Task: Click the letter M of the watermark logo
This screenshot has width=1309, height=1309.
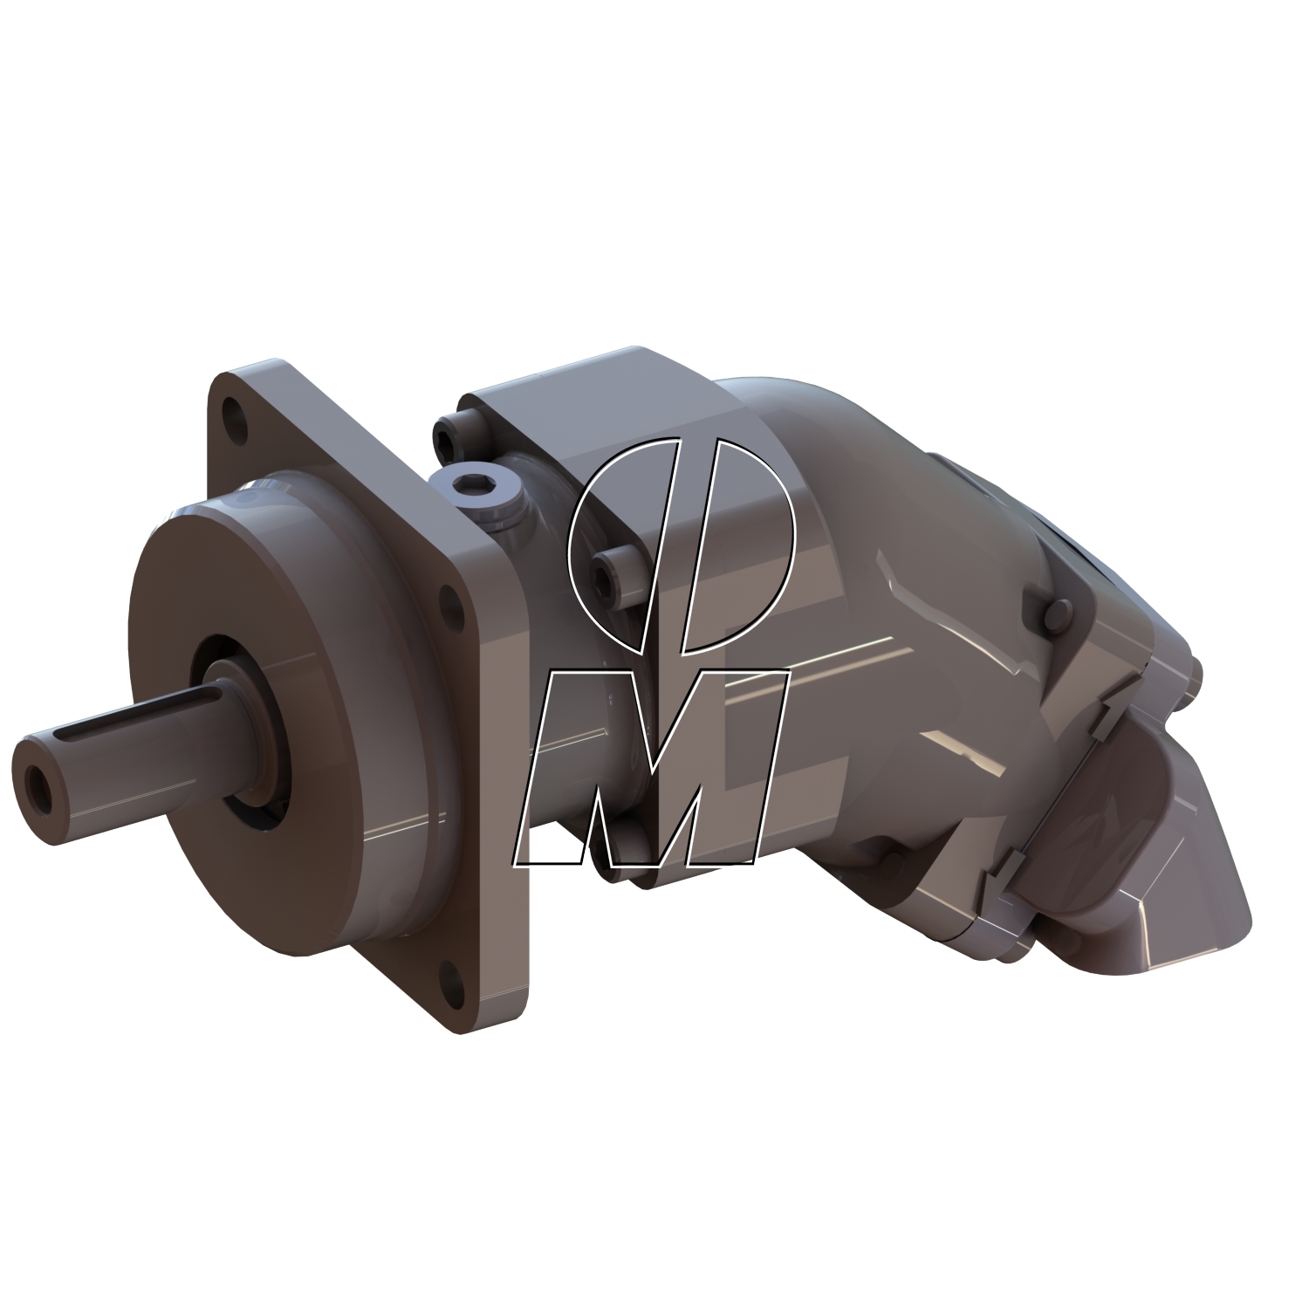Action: (654, 768)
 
